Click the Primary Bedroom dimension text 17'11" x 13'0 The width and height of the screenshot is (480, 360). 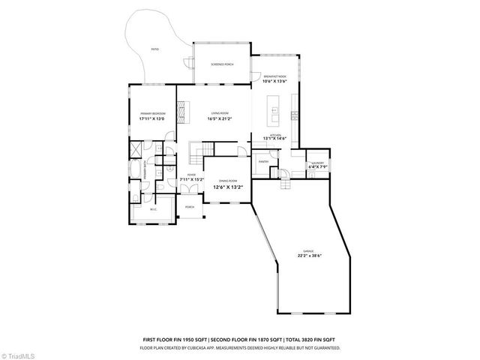point(152,119)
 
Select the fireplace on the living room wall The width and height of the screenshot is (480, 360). point(181,107)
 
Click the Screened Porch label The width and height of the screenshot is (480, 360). point(221,64)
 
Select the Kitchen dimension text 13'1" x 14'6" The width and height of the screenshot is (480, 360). point(275,138)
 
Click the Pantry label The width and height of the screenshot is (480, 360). point(263,161)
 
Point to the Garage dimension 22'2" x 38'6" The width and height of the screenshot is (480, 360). point(308,256)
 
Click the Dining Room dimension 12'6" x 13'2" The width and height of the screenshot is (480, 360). point(228,187)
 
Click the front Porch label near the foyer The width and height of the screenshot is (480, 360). point(190,207)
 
